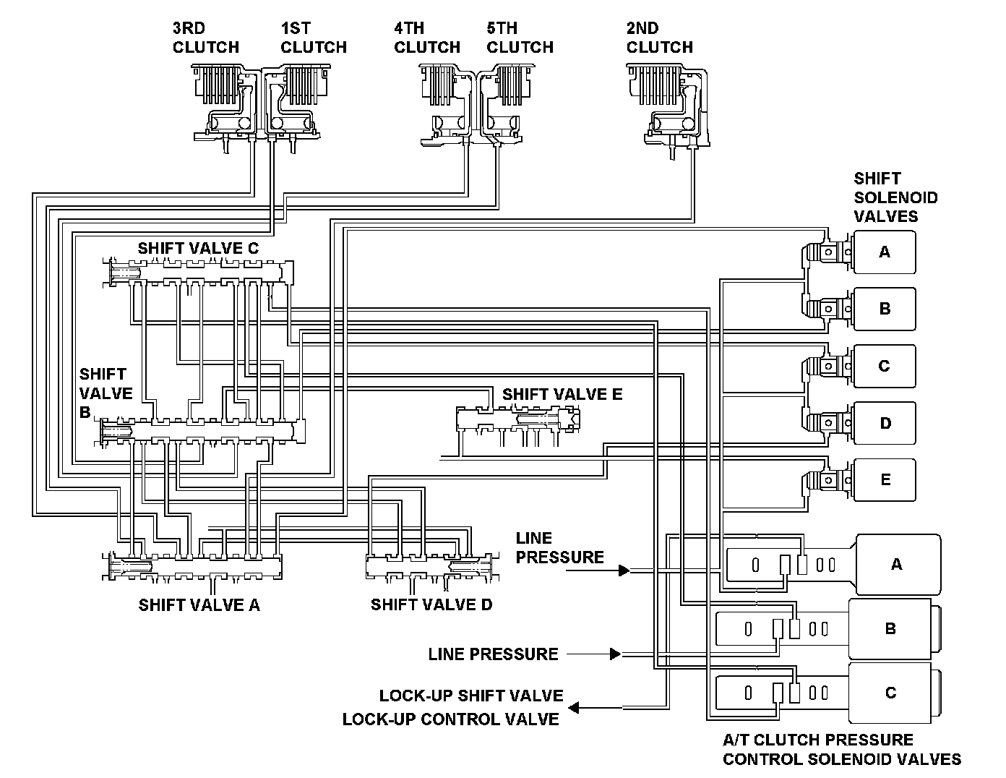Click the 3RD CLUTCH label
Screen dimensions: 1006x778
(205, 38)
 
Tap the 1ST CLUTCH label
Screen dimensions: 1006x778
(314, 38)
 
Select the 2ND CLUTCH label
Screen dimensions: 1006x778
(660, 38)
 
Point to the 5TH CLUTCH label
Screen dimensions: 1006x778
(520, 38)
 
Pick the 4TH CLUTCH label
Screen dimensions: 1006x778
(427, 38)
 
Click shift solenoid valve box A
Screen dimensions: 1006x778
(885, 252)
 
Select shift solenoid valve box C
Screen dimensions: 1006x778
(885, 366)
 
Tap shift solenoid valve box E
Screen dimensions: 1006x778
(885, 480)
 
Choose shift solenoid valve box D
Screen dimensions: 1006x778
(885, 423)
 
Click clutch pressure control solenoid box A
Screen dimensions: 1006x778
(898, 565)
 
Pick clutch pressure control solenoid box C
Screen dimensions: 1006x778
(890, 693)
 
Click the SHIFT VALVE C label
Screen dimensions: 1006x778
(198, 248)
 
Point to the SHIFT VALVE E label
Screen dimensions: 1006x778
(562, 394)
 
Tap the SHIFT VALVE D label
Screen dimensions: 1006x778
(431, 604)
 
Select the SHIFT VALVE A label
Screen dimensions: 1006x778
(199, 604)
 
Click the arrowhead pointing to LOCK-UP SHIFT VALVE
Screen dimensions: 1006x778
(574, 708)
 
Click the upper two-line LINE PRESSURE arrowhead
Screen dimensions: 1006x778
(624, 570)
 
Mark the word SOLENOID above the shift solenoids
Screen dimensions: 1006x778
(896, 197)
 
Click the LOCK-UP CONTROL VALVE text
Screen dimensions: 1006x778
(450, 719)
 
